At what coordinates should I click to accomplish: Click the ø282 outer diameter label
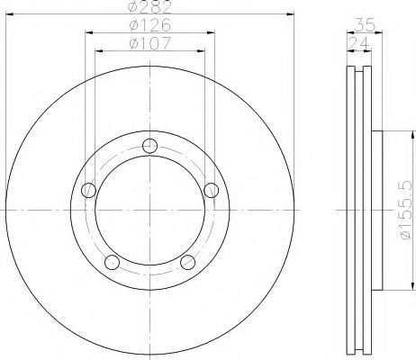click(x=149, y=8)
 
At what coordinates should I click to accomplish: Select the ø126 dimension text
click(x=149, y=25)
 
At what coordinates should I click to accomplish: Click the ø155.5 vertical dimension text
click(x=403, y=213)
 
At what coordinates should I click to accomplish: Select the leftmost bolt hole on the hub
click(x=88, y=190)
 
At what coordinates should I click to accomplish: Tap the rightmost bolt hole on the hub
click(x=212, y=190)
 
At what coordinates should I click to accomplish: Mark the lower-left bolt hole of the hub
click(x=113, y=262)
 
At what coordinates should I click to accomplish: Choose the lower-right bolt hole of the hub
click(x=187, y=262)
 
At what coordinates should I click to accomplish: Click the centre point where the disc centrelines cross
click(x=150, y=212)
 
